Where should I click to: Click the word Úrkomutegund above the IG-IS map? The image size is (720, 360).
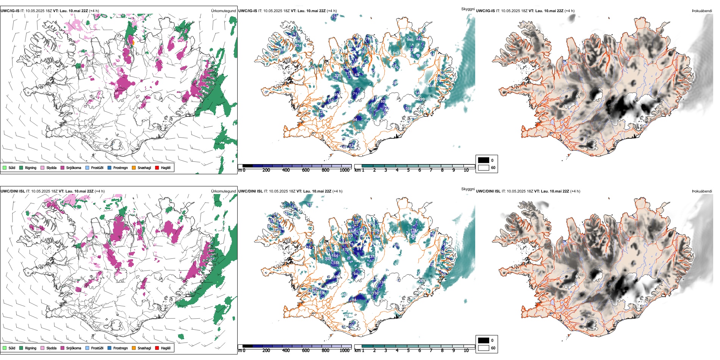coord(223,11)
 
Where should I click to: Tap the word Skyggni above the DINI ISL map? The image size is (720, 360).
coord(468,189)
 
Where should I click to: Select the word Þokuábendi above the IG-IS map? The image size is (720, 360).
coord(702,11)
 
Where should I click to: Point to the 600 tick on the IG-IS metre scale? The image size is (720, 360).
coord(305,170)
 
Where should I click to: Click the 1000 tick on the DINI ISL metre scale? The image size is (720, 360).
coord(344,351)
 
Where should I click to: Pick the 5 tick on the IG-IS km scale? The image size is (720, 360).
coord(408,170)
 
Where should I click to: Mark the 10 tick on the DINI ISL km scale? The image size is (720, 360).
coord(466,351)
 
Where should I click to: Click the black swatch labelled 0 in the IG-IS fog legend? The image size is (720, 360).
coord(484,160)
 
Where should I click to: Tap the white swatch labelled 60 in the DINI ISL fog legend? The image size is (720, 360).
coord(484,348)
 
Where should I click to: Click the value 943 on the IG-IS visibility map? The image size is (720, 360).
coord(396,53)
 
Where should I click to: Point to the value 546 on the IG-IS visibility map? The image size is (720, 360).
coord(410,40)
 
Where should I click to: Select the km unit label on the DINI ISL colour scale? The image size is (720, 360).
coord(357,351)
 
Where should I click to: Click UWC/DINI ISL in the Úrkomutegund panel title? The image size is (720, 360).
coord(13,191)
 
